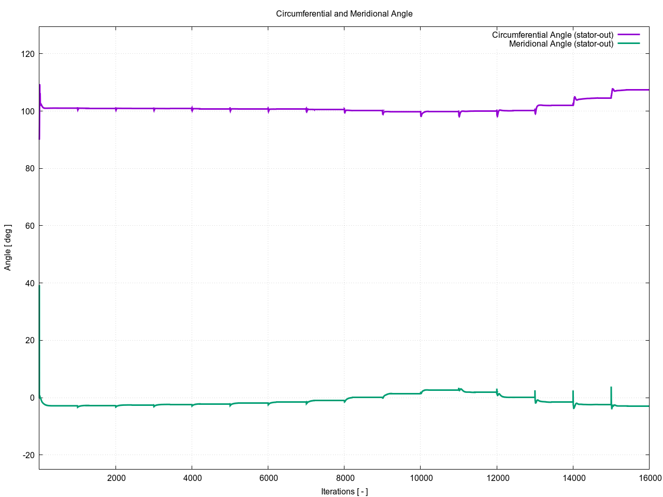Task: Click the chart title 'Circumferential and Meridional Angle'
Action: point(344,13)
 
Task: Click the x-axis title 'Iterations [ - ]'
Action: point(344,491)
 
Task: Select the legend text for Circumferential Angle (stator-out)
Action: point(552,35)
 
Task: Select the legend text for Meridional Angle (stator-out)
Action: point(561,43)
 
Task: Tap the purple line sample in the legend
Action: point(628,35)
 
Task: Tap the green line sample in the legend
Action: point(628,43)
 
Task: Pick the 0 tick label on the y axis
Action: point(32,398)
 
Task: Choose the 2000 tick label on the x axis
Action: point(116,477)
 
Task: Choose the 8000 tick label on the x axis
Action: point(344,477)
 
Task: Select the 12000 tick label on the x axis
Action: point(496,477)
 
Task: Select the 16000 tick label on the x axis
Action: point(648,477)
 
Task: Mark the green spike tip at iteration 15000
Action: point(611,387)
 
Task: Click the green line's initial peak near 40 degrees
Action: point(39,286)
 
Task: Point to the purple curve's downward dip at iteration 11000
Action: point(459,116)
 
